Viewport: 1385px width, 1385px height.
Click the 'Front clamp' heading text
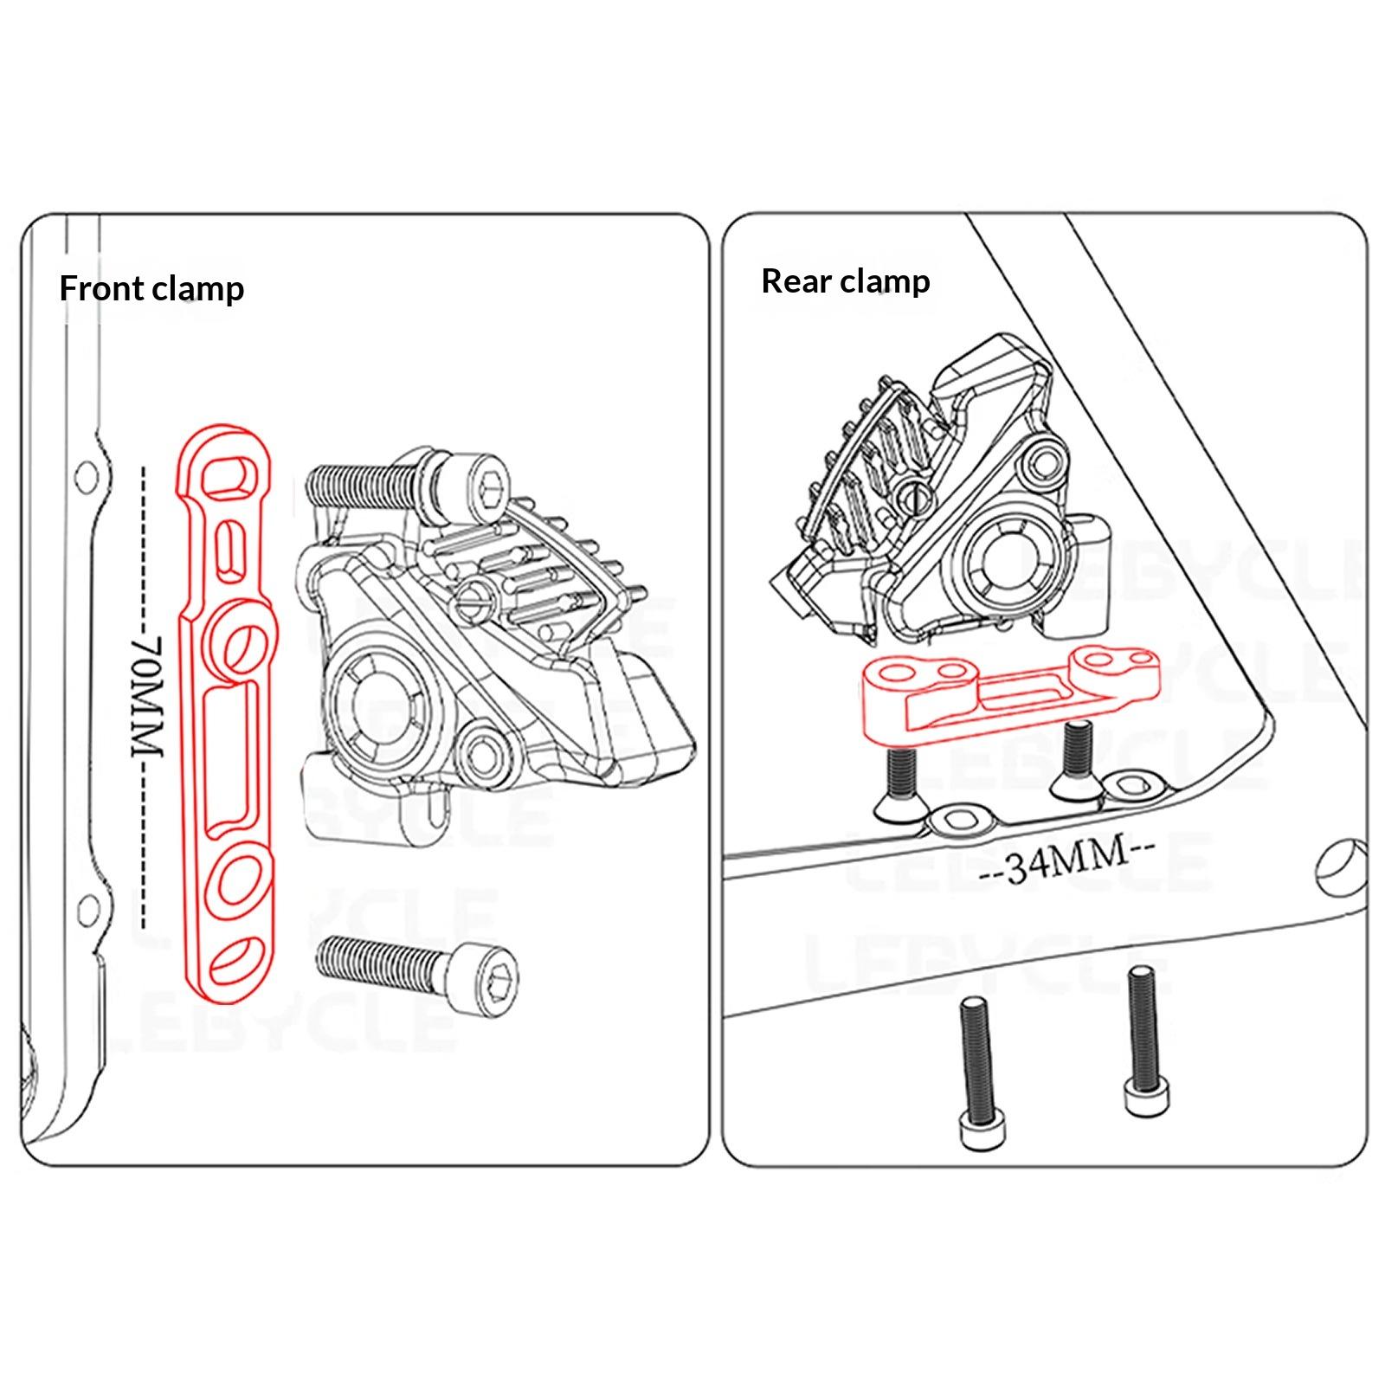click(x=151, y=288)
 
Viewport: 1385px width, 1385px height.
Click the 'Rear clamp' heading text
click(x=846, y=281)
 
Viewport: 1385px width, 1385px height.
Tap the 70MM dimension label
click(x=148, y=697)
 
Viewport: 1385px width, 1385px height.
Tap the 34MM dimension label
click(x=1069, y=859)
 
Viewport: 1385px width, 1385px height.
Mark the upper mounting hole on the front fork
click(x=86, y=475)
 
